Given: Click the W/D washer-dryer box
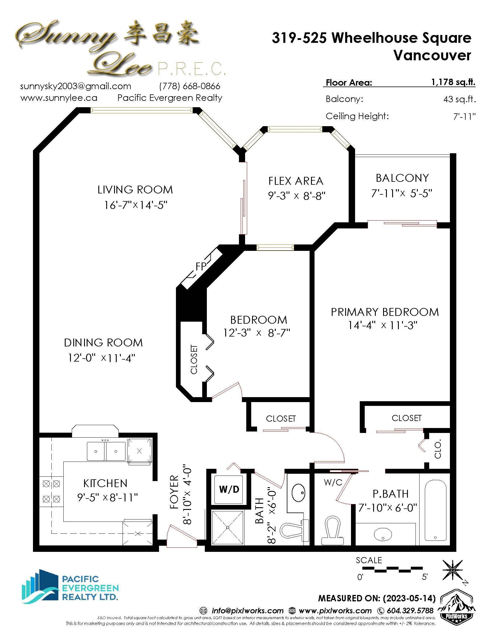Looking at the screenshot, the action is point(229,489).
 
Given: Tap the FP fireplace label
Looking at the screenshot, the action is point(201,266).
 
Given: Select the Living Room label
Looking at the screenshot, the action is point(135,190).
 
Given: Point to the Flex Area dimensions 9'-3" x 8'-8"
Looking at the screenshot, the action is point(297,196).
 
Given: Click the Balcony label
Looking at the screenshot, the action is point(402,178).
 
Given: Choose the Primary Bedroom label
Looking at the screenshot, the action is point(385,312).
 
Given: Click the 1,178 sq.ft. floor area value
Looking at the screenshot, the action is point(453,82).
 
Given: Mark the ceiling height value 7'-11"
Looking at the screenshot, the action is point(464,117).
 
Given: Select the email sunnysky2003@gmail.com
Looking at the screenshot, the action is point(76,86).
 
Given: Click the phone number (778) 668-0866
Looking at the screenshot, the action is point(190,86).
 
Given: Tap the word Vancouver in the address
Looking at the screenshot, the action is point(432,55).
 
